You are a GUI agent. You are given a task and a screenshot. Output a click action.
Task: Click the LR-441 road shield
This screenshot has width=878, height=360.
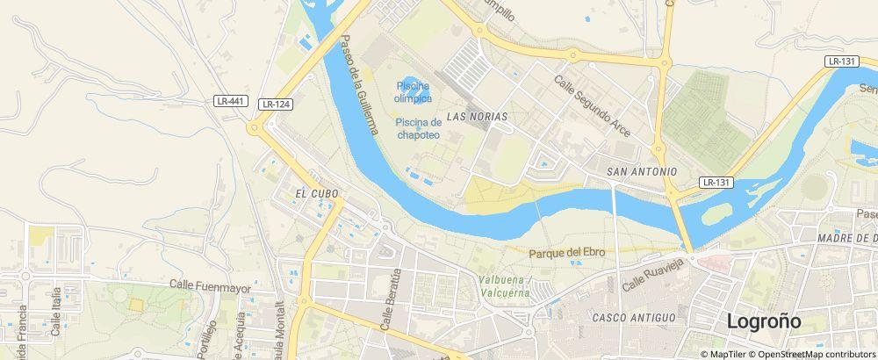[x=229, y=101]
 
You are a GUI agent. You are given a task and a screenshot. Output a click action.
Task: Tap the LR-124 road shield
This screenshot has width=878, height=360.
[x=276, y=104]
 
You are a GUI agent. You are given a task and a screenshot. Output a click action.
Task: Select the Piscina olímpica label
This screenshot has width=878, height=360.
[x=412, y=91]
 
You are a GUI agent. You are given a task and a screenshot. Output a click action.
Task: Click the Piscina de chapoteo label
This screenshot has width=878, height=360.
[x=418, y=128]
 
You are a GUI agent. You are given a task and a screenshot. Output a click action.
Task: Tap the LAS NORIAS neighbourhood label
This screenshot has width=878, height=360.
[x=477, y=116]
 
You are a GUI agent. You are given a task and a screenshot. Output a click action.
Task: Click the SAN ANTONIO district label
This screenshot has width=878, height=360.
[x=642, y=171]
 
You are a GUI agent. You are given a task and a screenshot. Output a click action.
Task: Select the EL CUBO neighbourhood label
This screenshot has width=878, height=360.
[x=317, y=194]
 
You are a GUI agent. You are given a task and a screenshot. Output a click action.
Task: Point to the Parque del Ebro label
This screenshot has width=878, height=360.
[x=567, y=252]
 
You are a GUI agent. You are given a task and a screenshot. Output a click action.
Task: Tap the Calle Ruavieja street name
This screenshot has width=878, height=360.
[x=651, y=274]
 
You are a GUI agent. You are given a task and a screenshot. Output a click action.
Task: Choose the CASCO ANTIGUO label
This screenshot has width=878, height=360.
[x=634, y=317]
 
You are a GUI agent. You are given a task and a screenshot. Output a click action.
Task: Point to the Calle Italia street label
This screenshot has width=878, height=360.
[x=56, y=311]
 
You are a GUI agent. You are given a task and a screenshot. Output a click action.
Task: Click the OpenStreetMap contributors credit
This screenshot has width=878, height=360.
[x=814, y=354]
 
